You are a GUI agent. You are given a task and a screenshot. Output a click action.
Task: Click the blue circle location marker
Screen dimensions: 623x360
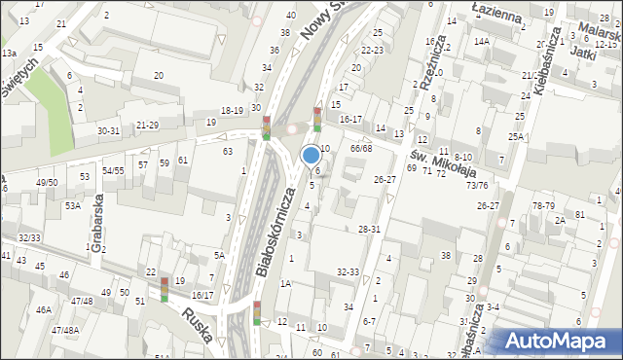pos(311,155)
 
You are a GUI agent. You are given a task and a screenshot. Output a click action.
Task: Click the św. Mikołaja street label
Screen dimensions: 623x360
pos(432,157)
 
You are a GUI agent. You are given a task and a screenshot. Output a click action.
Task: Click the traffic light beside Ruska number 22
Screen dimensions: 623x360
pos(164,288)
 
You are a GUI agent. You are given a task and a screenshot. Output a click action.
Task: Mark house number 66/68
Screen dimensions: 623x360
pos(361,148)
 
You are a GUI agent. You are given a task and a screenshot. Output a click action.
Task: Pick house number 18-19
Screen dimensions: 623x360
pos(232,111)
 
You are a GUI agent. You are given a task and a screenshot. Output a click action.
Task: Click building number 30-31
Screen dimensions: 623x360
pos(108,130)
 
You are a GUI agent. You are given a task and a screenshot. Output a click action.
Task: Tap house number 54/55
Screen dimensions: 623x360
pos(113,170)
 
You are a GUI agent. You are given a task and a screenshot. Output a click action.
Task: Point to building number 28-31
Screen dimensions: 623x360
pos(369,229)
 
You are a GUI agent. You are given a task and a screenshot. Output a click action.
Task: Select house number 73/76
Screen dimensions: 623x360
pos(477,185)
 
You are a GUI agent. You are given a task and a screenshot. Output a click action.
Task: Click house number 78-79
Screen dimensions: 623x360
pos(543,205)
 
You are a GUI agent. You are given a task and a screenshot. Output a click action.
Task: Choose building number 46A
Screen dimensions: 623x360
pos(43,309)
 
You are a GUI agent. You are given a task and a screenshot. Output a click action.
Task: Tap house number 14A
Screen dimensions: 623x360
pos(481,41)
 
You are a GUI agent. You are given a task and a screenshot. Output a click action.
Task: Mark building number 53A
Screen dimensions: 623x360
pos(72,206)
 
